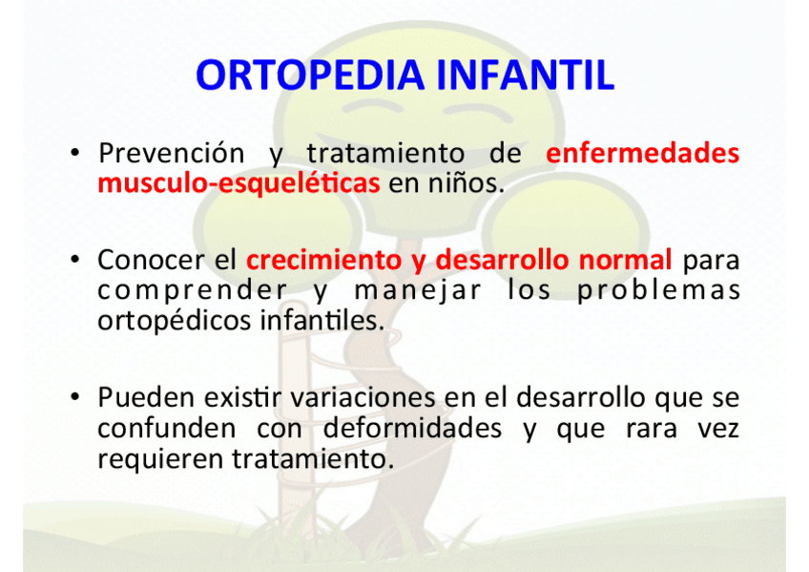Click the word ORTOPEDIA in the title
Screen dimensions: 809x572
point(310,75)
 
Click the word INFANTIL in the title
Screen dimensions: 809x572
point(526,75)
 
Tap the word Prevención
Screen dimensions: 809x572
point(172,154)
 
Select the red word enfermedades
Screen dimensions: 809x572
point(642,154)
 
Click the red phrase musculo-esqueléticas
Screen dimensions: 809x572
point(239,183)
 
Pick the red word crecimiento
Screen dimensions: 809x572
point(323,260)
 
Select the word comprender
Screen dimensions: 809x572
point(192,291)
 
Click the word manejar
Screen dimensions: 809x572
point(418,291)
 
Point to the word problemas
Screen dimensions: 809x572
point(658,290)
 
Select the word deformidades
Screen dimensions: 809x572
point(412,428)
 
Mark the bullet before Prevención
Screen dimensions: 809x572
point(75,153)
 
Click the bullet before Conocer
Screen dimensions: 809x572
point(75,259)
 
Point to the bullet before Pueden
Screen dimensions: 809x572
point(75,397)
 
